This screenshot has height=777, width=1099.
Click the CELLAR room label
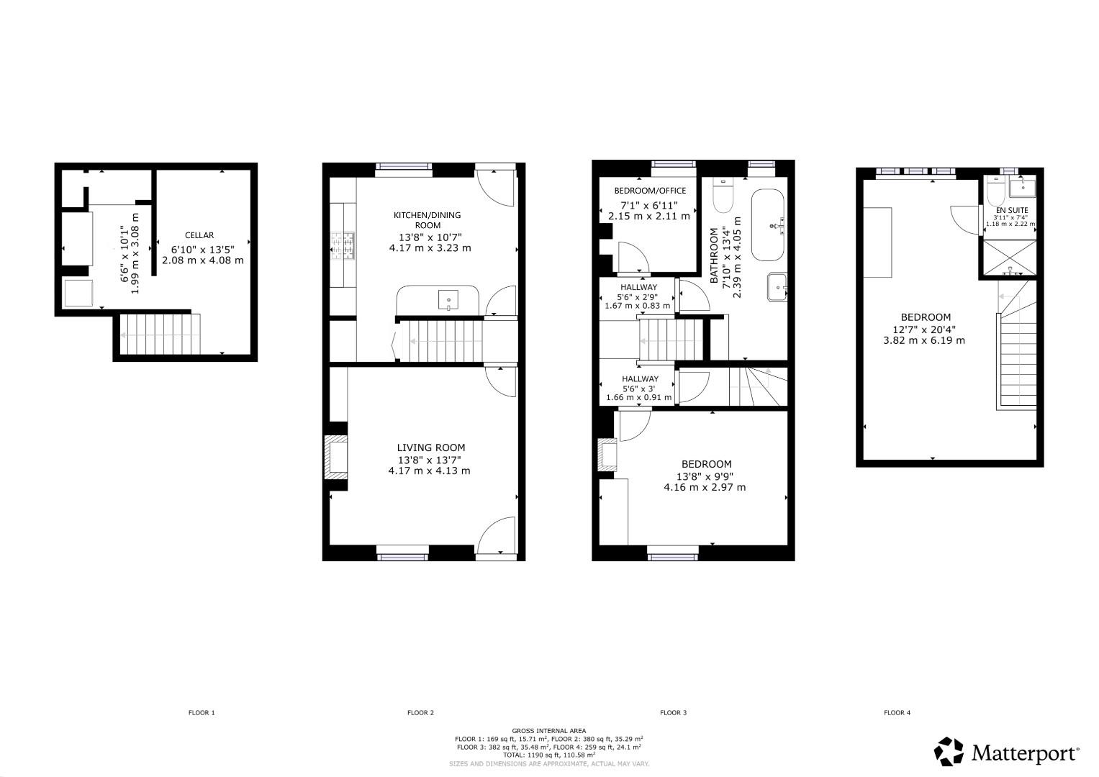click(199, 235)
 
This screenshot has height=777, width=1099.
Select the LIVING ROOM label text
click(431, 447)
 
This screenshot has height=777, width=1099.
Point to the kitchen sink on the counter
click(448, 297)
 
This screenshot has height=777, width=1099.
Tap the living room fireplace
click(335, 457)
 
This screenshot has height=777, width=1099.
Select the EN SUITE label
click(1011, 210)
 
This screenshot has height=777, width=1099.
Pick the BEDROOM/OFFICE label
click(649, 191)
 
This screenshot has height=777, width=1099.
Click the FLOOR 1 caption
click(202, 713)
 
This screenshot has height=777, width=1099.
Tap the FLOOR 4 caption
click(897, 713)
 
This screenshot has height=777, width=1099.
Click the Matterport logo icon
click(949, 752)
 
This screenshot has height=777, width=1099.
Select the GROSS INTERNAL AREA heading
click(548, 730)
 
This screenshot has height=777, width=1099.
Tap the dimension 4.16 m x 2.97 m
click(705, 487)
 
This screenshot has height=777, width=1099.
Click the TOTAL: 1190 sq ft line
click(548, 755)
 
